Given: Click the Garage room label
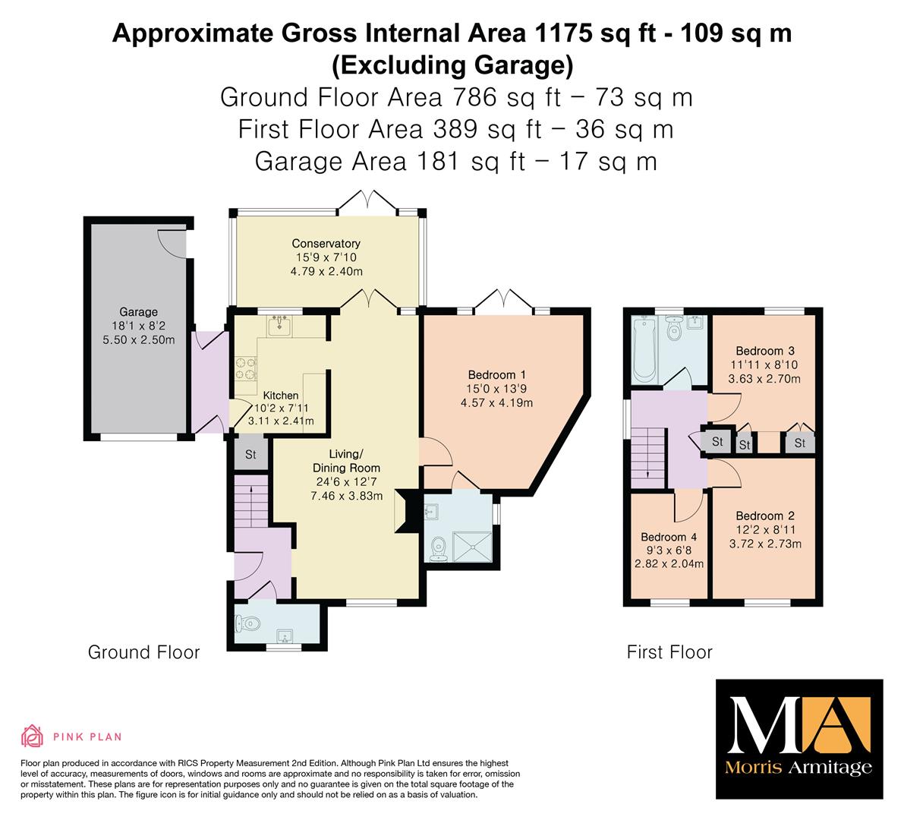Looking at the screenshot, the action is [138, 312].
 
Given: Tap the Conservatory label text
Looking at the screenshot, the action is [326, 244].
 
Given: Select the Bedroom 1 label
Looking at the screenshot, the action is [496, 375].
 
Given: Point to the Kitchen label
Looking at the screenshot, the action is [281, 395].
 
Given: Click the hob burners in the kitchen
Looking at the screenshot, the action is [245, 368].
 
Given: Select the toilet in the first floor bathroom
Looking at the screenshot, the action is [673, 327].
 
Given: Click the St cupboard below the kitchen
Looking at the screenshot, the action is [250, 454].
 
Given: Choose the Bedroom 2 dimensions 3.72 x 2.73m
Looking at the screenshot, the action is [765, 544].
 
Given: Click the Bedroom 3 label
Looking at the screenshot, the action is [765, 351].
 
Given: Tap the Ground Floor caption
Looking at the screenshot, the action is [143, 652].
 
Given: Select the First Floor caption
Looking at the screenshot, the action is [669, 652].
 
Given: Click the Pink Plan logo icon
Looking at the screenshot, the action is [33, 736].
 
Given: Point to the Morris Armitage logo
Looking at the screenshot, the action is [799, 740].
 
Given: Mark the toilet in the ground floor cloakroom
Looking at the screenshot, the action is [246, 623].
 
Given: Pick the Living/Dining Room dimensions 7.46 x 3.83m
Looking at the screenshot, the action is [346, 496].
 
